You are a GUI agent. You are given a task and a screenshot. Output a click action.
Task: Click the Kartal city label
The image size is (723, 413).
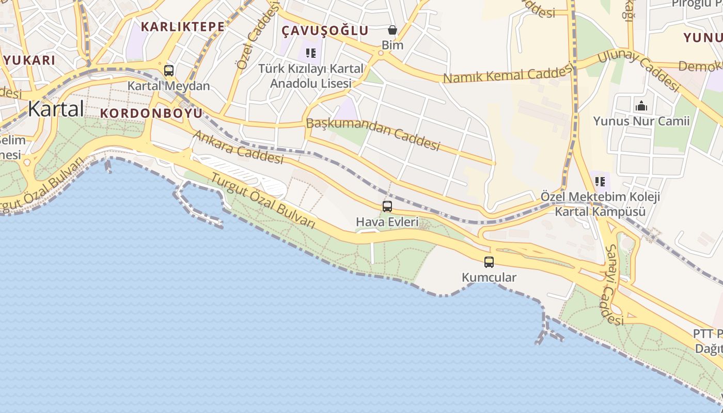(56, 109)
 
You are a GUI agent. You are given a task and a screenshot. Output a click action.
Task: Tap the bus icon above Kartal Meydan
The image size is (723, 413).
(169, 71)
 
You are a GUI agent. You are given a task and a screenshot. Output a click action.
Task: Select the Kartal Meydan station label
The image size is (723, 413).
(169, 86)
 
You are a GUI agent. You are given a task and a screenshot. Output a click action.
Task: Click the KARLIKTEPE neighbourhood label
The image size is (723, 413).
(183, 27)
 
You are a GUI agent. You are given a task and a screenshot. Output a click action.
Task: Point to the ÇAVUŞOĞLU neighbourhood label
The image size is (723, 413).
(325, 30)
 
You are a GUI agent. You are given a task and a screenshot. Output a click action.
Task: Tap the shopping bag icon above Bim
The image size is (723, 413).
(392, 30)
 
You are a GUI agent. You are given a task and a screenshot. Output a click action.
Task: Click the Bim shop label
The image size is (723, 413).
(392, 45)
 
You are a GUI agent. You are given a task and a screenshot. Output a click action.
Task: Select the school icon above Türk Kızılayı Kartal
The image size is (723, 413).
(310, 53)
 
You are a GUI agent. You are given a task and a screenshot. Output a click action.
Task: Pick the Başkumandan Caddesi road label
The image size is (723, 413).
(373, 134)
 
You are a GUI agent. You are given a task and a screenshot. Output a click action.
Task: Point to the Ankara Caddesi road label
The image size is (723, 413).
(239, 147)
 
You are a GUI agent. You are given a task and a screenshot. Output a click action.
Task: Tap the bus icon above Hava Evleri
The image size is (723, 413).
(387, 206)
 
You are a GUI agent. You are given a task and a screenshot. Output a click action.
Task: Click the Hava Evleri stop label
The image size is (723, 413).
(387, 221)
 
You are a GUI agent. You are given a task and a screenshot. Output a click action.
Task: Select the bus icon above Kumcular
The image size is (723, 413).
(489, 262)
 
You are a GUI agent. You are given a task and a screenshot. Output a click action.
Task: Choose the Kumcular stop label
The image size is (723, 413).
(489, 277)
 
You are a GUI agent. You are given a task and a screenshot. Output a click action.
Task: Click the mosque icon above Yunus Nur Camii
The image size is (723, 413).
(641, 106)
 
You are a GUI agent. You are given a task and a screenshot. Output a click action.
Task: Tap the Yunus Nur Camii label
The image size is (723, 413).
(641, 121)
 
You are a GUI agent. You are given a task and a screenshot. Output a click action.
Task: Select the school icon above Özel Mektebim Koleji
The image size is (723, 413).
(600, 181)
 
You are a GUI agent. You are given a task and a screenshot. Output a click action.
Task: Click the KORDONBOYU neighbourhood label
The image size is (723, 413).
(151, 113)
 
